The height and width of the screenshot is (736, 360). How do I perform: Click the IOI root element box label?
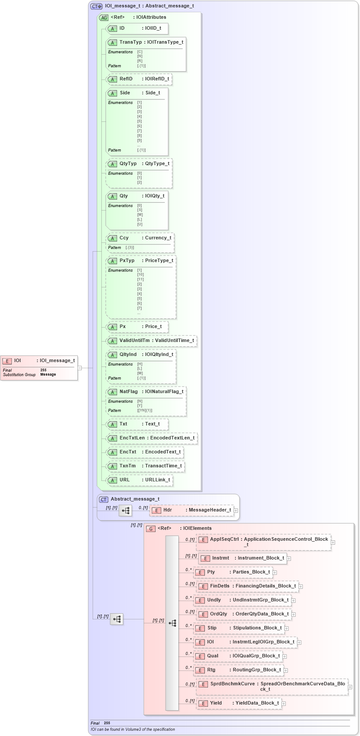click(17, 360)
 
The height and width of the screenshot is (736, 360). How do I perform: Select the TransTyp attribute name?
click(131, 42)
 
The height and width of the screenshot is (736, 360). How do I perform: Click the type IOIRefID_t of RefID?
click(157, 79)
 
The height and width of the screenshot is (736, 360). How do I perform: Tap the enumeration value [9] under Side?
click(139, 140)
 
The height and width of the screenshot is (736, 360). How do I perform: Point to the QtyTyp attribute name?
click(128, 163)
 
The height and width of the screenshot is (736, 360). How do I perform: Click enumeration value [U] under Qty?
click(139, 224)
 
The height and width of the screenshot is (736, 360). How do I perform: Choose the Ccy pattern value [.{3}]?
click(130, 248)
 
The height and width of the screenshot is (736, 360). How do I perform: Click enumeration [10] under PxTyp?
click(140, 275)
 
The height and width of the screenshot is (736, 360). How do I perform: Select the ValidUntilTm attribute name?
click(135, 340)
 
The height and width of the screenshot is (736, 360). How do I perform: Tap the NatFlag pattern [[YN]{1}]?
click(145, 411)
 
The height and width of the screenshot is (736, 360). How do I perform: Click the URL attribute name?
click(125, 480)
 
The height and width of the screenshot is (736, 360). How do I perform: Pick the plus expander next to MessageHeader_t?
click(236, 510)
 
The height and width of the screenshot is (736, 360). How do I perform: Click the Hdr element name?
click(167, 510)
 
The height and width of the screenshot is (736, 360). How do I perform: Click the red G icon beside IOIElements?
click(150, 529)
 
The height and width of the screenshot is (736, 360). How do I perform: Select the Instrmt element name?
click(221, 558)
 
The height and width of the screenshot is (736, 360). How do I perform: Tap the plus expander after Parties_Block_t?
click(275, 572)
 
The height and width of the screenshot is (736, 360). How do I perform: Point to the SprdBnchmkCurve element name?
click(232, 684)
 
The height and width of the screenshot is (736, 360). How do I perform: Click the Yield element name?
click(216, 703)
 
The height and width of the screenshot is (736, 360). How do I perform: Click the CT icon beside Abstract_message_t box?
click(104, 499)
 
